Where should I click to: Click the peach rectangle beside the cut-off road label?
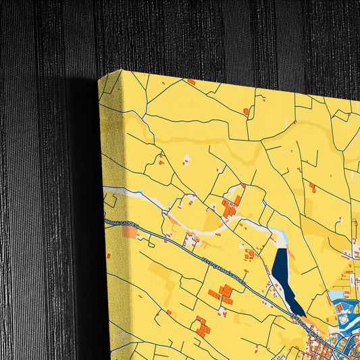[130, 232]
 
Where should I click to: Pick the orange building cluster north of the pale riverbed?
[229, 206]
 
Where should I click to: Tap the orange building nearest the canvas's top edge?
[191, 82]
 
